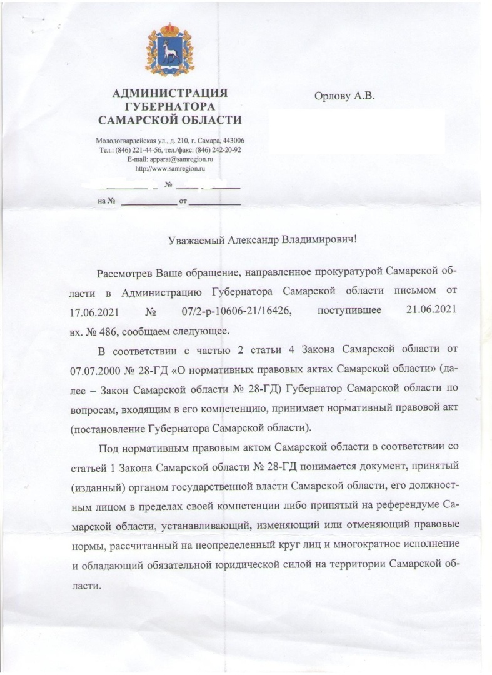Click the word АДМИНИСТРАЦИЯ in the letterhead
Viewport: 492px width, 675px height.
[x=169, y=94]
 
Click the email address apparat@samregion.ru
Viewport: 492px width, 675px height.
[x=178, y=159]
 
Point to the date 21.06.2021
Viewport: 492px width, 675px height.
[x=431, y=310]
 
